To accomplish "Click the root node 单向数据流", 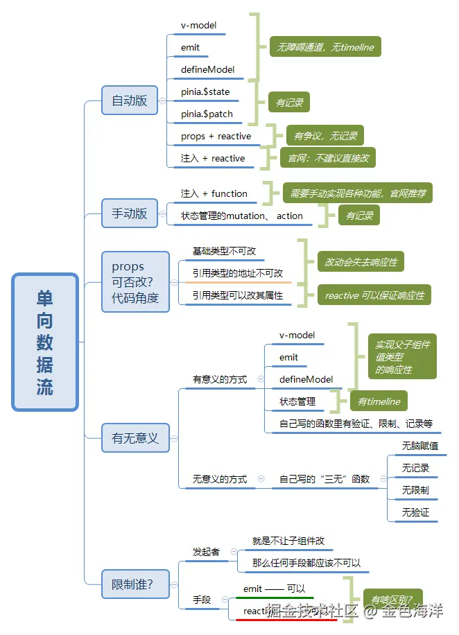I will (45, 342).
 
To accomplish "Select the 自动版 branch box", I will (130, 101).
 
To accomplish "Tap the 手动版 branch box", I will (130, 214).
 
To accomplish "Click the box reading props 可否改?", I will (135, 282).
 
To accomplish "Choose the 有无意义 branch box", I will (135, 438).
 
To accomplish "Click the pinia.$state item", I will (205, 92).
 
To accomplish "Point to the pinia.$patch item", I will (207, 114).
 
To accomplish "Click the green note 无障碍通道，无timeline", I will (325, 47).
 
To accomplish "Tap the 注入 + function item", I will (214, 193).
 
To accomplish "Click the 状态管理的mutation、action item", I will (241, 216).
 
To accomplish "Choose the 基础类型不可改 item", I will (228, 251).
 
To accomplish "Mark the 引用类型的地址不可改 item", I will (238, 273).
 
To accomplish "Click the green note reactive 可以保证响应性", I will (374, 295).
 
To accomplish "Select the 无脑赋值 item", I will (419, 446).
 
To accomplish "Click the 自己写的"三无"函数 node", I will (324, 479).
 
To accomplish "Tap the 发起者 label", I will (206, 552).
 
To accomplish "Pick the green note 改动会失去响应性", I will (361, 262).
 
